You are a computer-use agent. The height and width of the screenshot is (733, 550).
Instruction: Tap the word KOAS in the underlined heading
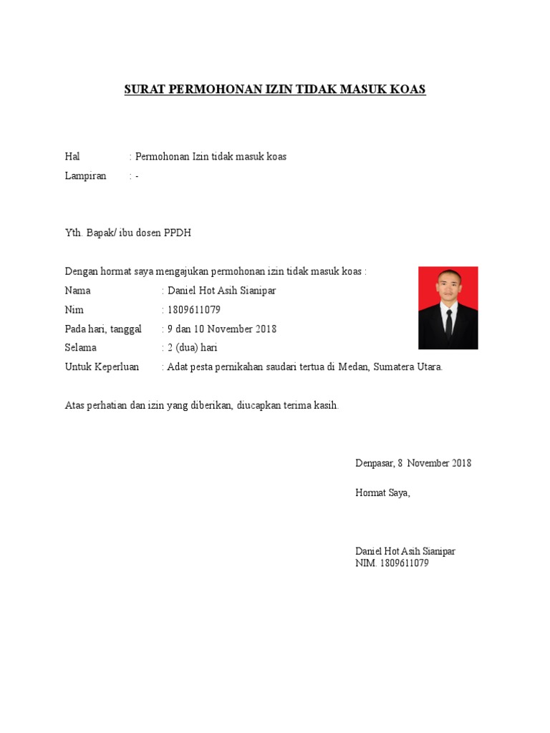click(x=408, y=89)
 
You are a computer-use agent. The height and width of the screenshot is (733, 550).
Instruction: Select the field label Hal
click(x=72, y=157)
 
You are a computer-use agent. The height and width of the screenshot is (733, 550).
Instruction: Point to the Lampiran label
click(x=85, y=176)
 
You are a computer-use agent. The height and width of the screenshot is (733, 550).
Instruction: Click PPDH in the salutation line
click(x=178, y=233)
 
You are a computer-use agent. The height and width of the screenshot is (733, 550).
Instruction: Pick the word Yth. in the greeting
click(x=74, y=233)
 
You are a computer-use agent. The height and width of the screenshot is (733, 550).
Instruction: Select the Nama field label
click(x=78, y=291)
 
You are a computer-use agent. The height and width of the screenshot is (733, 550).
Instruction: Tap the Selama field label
click(x=81, y=348)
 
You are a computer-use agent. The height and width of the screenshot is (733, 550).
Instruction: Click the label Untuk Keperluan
click(x=102, y=367)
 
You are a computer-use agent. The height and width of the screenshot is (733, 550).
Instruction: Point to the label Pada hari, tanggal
click(x=103, y=329)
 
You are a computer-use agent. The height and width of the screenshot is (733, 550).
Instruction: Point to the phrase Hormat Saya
click(x=383, y=493)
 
